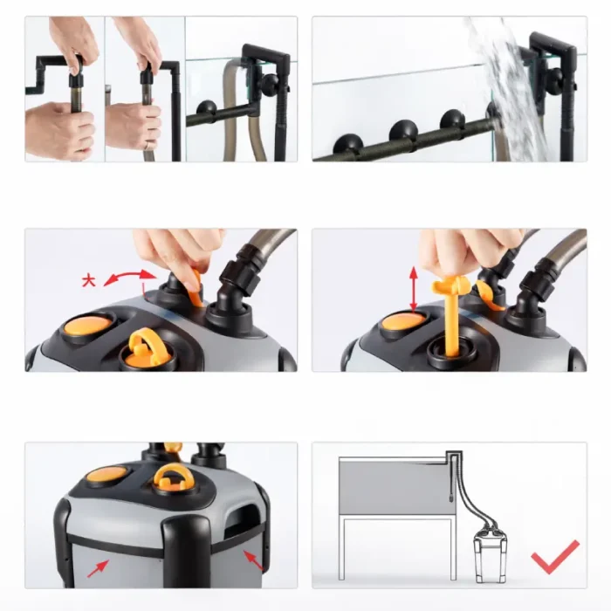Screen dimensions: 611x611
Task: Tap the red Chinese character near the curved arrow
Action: (89, 280)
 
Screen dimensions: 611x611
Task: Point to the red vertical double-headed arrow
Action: (414, 289)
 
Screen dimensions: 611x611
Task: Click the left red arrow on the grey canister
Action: (98, 568)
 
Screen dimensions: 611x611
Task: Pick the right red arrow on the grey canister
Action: (252, 560)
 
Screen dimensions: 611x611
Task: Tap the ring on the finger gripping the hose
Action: (148, 146)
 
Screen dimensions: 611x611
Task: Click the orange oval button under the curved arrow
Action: (88, 325)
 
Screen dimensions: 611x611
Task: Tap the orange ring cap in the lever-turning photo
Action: (146, 349)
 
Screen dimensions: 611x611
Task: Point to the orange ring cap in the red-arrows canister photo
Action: (174, 478)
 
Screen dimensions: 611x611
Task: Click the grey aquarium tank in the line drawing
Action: (397, 485)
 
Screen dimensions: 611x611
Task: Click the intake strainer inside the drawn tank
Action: (450, 494)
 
